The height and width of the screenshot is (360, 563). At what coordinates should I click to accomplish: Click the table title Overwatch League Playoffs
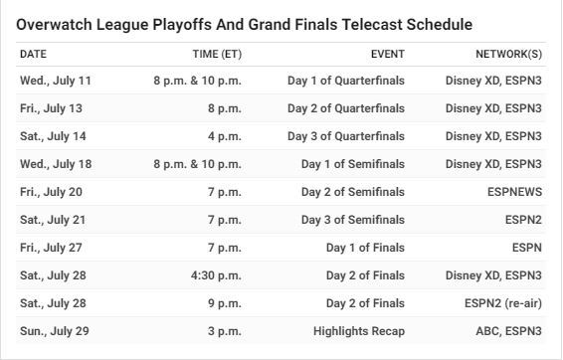(x=244, y=25)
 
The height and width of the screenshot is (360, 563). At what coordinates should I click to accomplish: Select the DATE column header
(x=34, y=54)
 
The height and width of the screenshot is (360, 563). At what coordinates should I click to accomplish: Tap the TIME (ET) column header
(x=217, y=54)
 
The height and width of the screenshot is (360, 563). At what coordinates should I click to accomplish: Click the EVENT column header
(x=388, y=54)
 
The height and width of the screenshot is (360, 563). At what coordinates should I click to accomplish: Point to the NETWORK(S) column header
(x=508, y=54)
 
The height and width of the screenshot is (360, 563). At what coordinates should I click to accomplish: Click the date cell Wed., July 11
(x=56, y=81)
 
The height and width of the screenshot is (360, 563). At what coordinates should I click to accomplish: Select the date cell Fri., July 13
(x=52, y=108)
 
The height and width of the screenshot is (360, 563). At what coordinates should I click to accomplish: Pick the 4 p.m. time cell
(x=225, y=137)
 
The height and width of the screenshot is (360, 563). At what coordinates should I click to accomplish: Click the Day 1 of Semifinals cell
(x=353, y=164)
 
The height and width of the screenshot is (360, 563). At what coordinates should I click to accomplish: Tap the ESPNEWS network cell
(x=514, y=192)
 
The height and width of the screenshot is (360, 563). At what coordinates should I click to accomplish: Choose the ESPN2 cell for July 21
(x=523, y=220)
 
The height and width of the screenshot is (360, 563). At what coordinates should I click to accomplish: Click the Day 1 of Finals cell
(x=365, y=248)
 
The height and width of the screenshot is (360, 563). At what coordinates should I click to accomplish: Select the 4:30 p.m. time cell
(x=216, y=275)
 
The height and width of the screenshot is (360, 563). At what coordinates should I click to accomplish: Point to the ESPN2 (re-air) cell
(x=503, y=303)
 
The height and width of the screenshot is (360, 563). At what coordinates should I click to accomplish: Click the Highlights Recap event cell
(x=359, y=331)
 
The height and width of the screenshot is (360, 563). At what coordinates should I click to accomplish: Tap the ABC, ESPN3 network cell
(x=508, y=331)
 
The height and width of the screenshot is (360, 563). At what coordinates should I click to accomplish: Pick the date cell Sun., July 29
(x=55, y=331)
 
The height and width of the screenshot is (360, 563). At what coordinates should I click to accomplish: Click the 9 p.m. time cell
(x=225, y=303)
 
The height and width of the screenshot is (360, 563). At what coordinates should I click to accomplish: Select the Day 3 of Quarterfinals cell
(x=346, y=136)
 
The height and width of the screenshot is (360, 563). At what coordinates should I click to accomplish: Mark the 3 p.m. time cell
(x=225, y=331)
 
